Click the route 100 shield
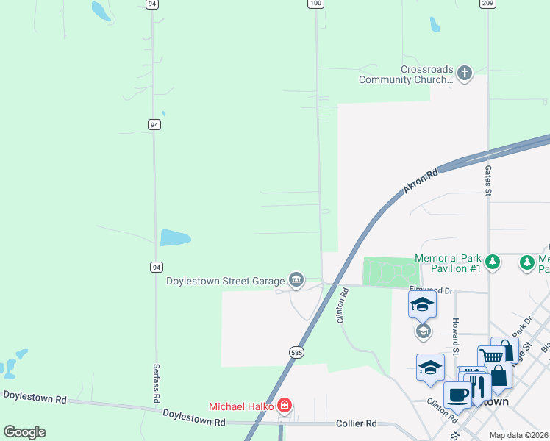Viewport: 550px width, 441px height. [315, 4]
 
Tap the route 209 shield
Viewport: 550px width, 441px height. [488, 4]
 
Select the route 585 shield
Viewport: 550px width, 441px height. [296, 352]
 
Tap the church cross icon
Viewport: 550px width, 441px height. [464, 73]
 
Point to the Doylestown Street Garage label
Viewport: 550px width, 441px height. [225, 281]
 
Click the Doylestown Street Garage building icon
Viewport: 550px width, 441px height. [296, 279]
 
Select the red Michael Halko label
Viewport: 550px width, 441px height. [241, 406]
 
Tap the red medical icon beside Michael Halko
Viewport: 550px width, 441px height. [285, 406]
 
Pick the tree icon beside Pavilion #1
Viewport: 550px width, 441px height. [493, 262]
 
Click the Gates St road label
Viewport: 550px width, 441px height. [488, 180]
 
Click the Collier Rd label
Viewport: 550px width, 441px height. [356, 423]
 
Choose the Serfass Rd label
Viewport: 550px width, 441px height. [156, 383]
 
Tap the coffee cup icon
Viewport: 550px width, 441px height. [457, 395]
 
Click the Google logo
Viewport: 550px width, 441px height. [24, 432]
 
